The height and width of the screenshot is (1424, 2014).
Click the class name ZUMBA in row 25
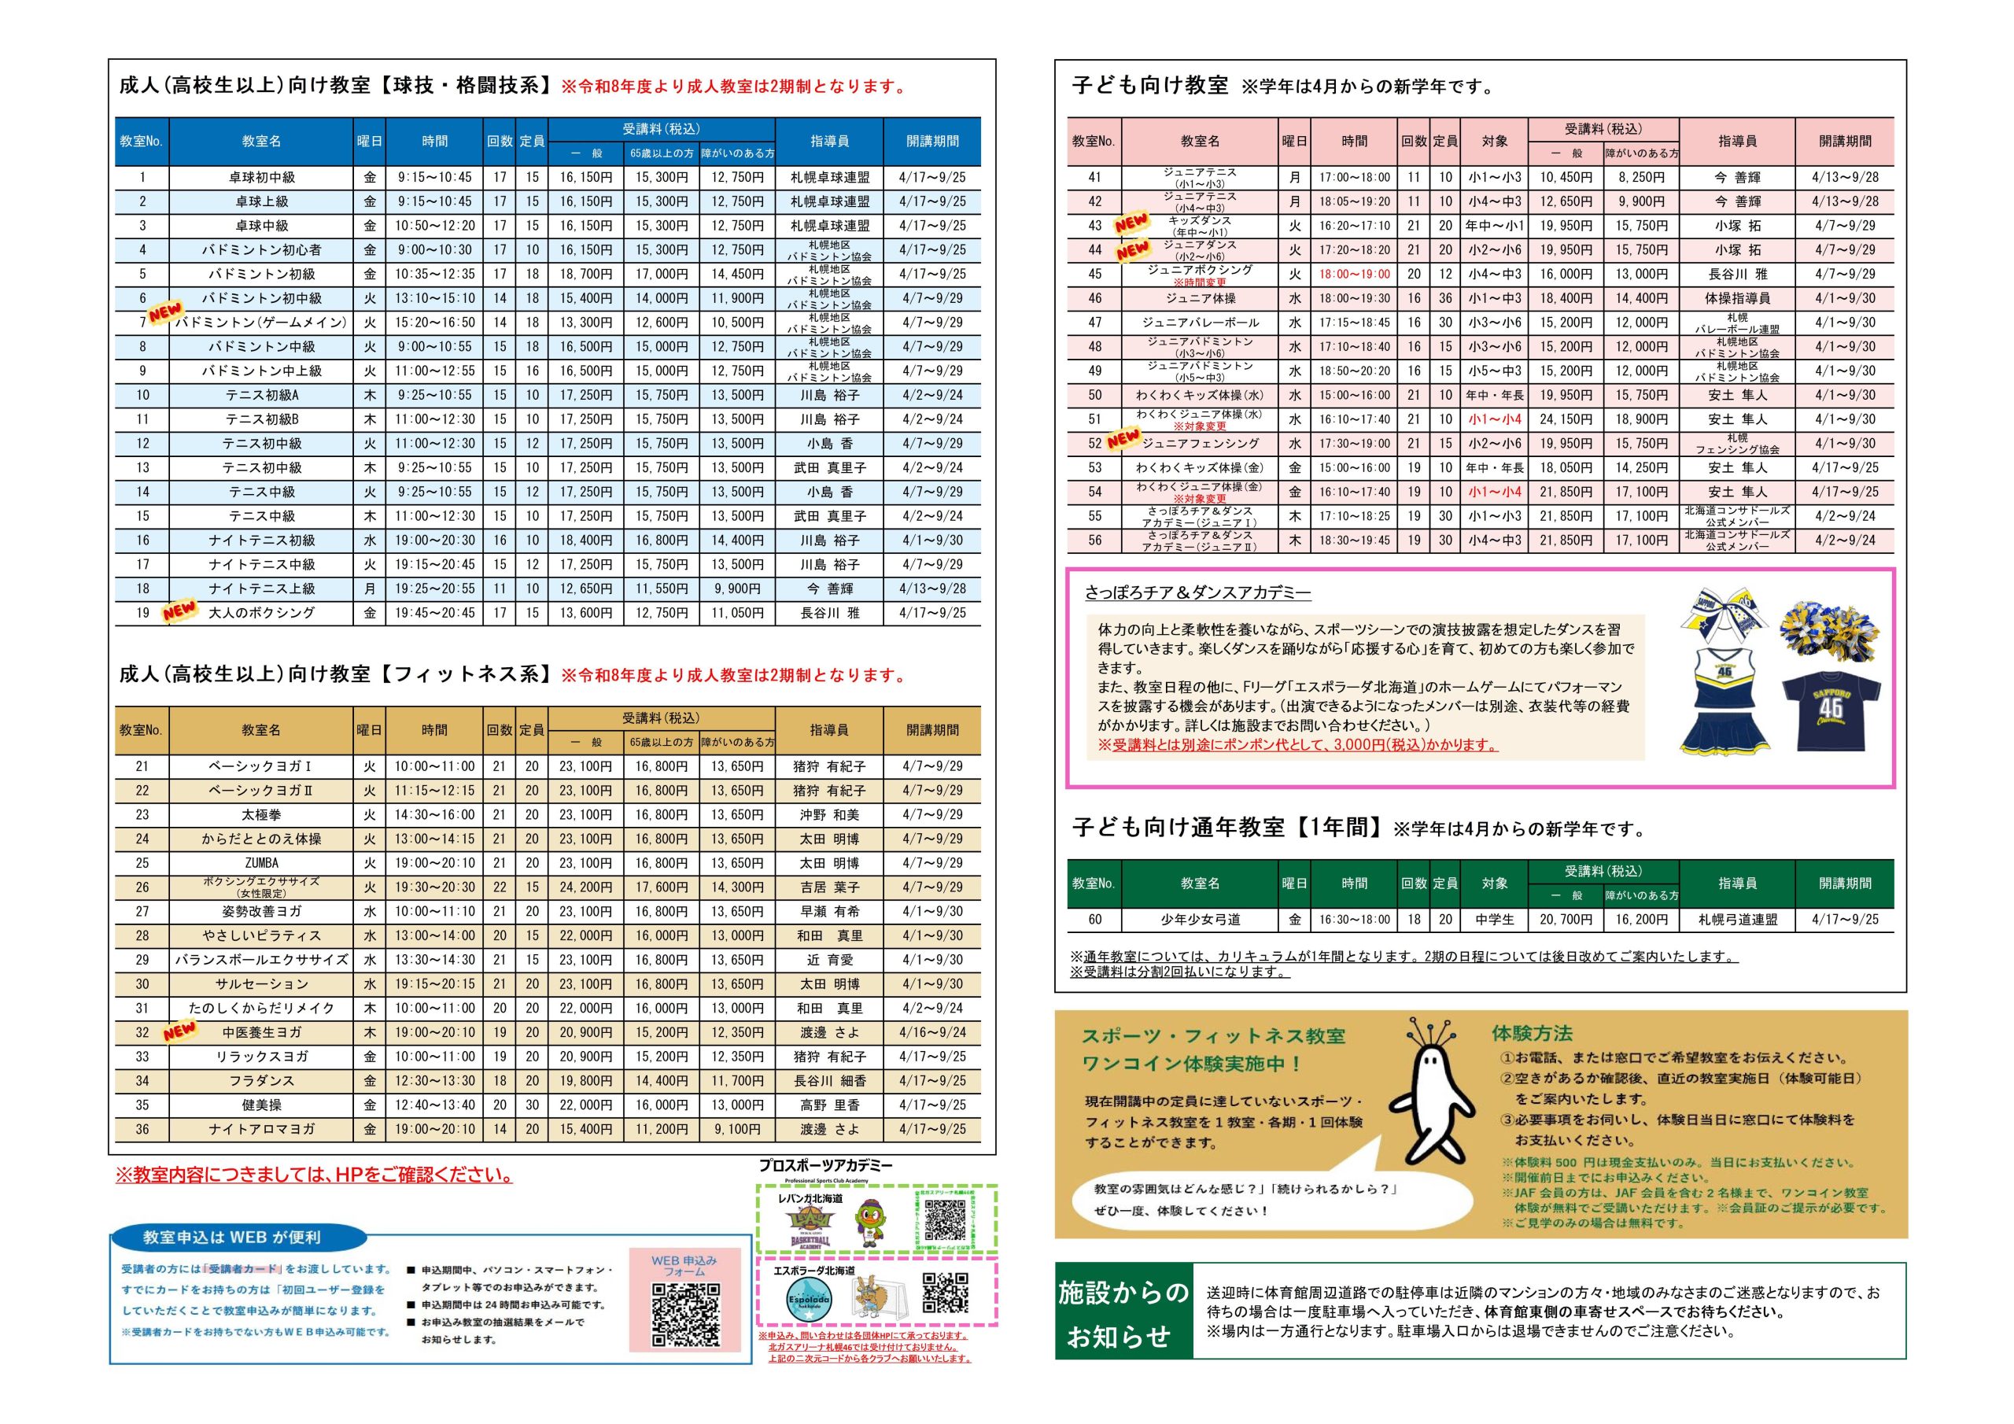(x=261, y=863)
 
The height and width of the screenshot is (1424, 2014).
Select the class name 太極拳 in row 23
(x=261, y=815)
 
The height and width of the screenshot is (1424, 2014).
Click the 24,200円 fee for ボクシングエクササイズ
(x=586, y=887)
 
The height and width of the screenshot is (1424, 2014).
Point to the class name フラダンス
(x=261, y=1081)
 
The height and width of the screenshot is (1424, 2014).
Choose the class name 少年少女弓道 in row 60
(x=1200, y=920)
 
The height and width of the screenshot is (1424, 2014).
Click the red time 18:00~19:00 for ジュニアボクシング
(x=1355, y=274)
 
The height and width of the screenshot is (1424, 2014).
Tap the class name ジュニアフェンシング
(x=1200, y=443)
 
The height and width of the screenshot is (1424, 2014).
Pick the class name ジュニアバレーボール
(x=1200, y=322)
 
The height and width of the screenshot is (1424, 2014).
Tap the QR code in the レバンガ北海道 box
(x=945, y=1219)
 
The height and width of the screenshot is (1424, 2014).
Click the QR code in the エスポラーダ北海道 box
(x=945, y=1293)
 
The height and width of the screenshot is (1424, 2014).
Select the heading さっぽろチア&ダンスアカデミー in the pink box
(x=1197, y=593)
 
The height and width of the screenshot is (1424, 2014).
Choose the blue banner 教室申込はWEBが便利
(x=231, y=1237)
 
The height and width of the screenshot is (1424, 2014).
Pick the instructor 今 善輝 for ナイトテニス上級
(x=829, y=588)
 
